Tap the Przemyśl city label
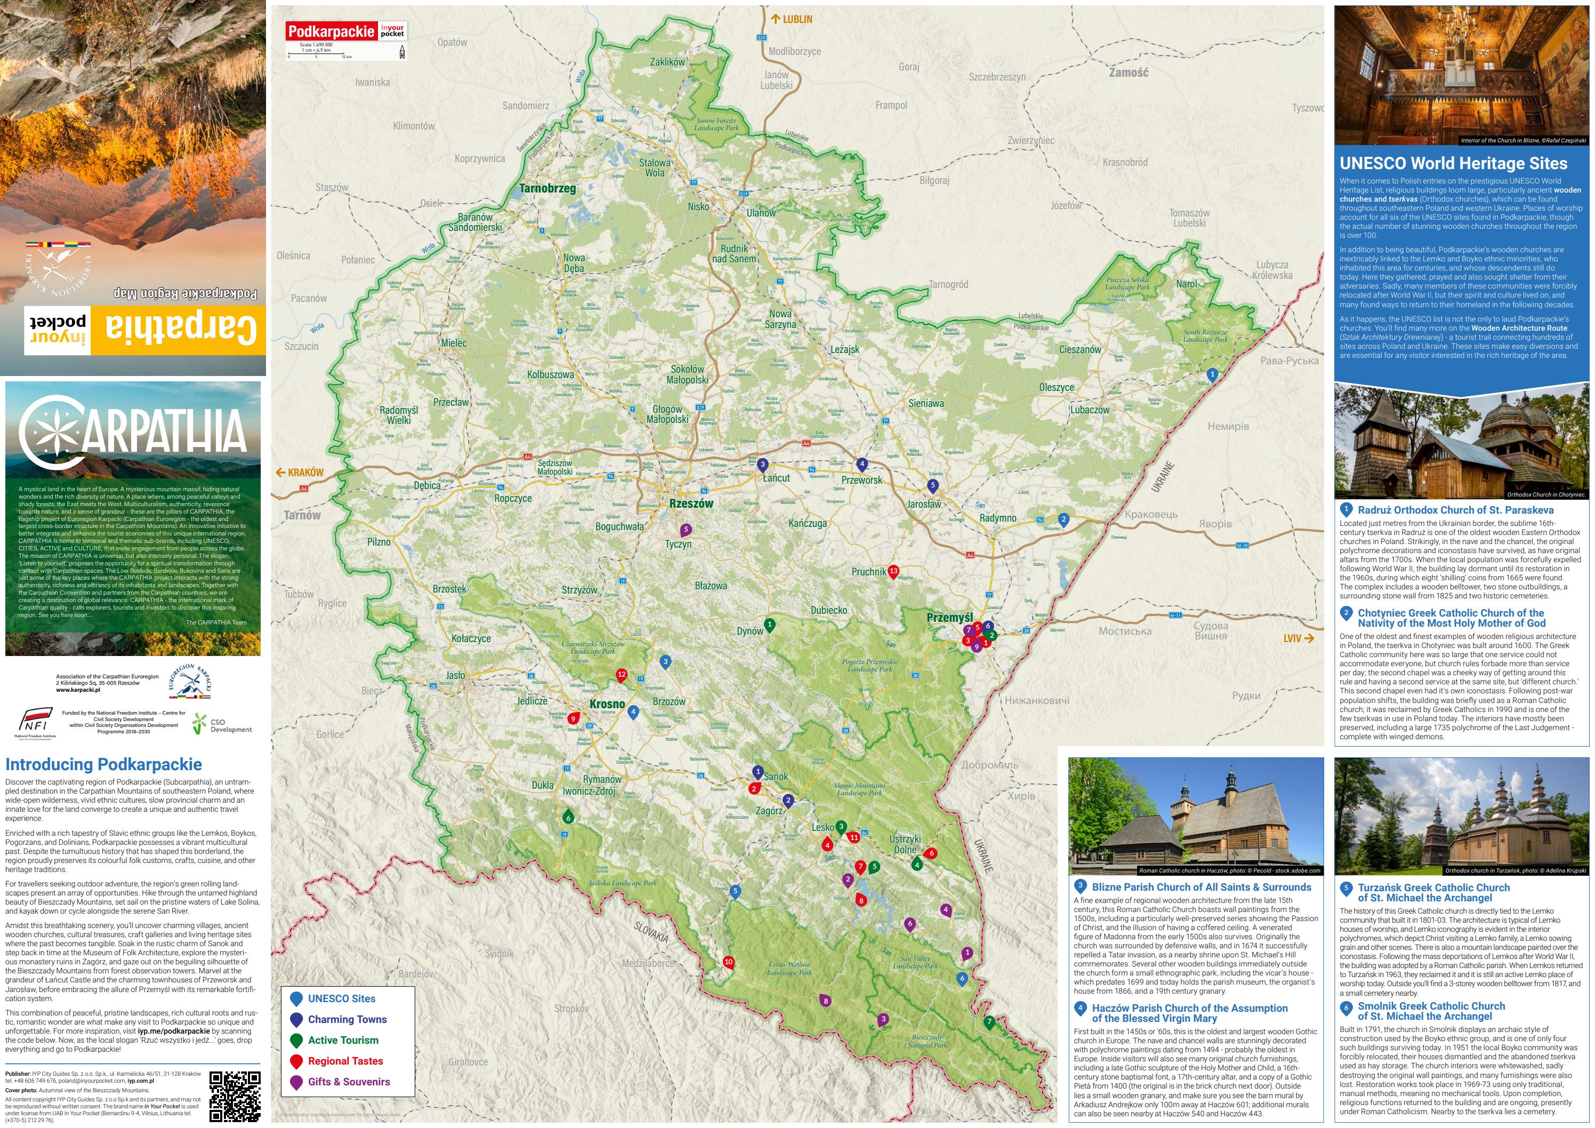(x=949, y=617)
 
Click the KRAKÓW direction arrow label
(x=300, y=473)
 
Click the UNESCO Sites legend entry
(x=341, y=999)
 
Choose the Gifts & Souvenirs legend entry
(x=348, y=1082)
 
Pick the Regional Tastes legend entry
(x=344, y=1061)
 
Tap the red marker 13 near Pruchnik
(x=893, y=572)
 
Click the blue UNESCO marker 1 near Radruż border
(x=1212, y=374)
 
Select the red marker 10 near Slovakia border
(x=728, y=963)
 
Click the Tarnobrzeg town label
(x=547, y=188)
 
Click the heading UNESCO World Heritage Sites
(x=1453, y=163)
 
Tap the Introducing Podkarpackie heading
(x=103, y=764)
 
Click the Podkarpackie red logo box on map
(x=332, y=31)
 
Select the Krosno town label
(x=607, y=704)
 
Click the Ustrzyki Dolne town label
(x=905, y=844)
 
